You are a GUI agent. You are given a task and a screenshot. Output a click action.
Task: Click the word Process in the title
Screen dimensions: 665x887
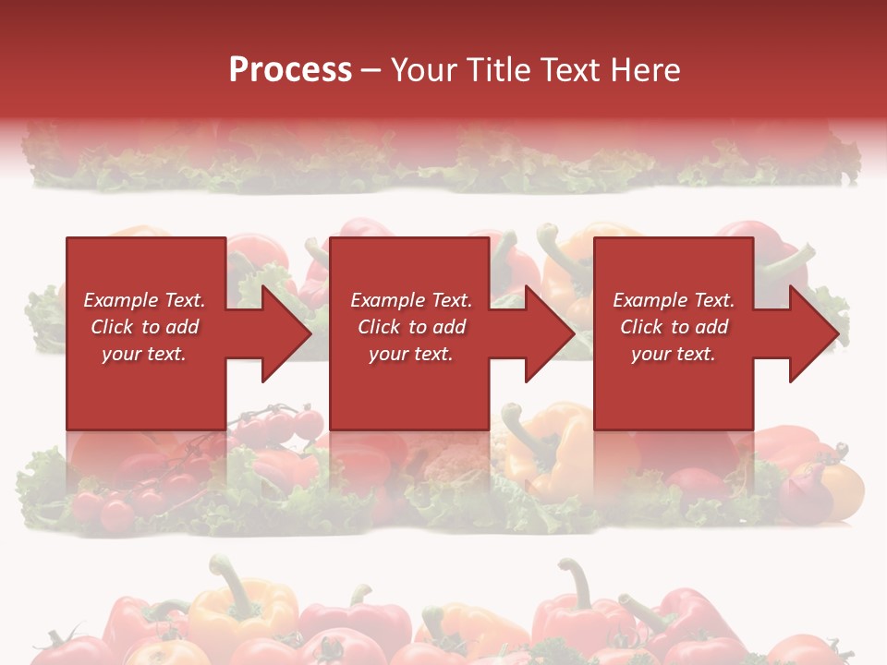click(290, 70)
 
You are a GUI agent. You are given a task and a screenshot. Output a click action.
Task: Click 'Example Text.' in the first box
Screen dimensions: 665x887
click(144, 300)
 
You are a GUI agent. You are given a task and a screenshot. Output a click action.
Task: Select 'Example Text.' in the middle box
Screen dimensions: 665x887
click(411, 300)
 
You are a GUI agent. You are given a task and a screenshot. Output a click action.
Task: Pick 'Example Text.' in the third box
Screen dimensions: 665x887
click(674, 300)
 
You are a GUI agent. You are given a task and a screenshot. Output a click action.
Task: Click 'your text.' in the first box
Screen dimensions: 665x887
click(144, 354)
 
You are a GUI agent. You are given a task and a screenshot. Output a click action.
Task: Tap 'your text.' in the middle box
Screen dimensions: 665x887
click(411, 354)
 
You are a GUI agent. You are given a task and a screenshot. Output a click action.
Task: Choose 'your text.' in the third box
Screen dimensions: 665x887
click(674, 354)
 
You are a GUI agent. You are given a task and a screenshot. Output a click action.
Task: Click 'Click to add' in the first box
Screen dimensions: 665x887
click(144, 327)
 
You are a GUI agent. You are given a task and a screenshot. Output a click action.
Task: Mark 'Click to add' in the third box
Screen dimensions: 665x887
click(674, 327)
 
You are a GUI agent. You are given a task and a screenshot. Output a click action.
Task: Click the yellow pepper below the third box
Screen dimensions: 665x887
click(554, 453)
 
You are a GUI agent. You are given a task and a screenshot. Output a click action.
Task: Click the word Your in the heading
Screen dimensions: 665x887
click(425, 70)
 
